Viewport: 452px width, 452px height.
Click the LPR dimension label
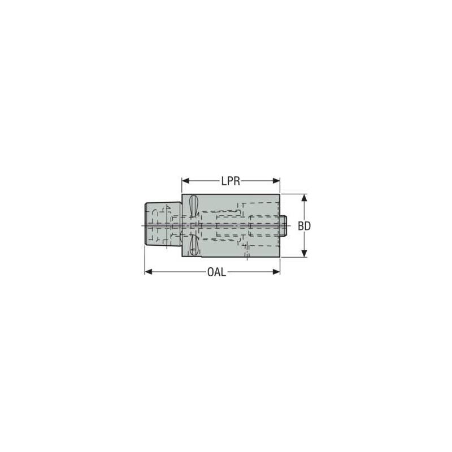(231, 181)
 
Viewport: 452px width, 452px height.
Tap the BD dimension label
(305, 226)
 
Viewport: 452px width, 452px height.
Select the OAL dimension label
(216, 272)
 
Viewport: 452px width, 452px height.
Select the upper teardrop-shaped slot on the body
(193, 205)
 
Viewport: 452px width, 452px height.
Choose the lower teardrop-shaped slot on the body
(193, 245)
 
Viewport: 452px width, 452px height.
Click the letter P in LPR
(230, 181)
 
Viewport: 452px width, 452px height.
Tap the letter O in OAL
(210, 272)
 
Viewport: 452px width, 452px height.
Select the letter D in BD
(308, 226)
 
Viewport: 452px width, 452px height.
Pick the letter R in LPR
(237, 181)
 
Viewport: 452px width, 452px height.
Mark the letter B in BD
(301, 226)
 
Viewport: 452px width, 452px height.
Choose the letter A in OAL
(217, 272)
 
